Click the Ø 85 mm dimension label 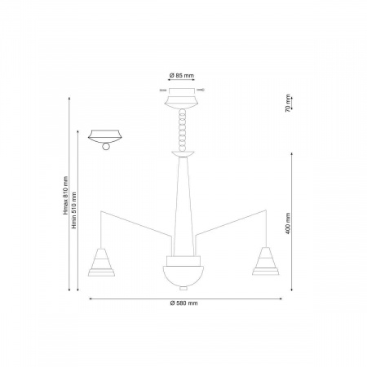[x=182, y=75]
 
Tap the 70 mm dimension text [x=288, y=104]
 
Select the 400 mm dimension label [x=288, y=223]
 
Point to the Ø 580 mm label [x=184, y=303]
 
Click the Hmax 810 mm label [x=65, y=196]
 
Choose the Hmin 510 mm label [x=74, y=210]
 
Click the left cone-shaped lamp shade [x=101, y=262]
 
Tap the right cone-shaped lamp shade [x=266, y=261]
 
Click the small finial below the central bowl [x=183, y=288]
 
